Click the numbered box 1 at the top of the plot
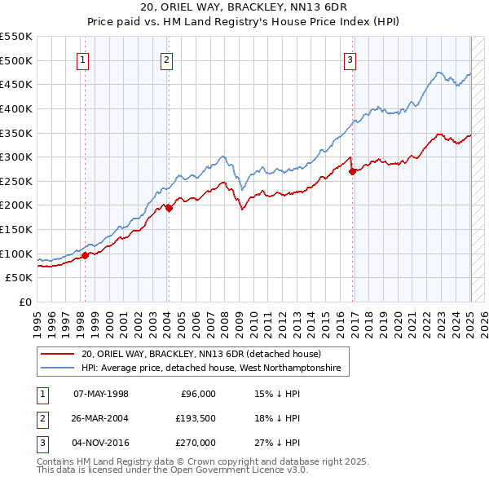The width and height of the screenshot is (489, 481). click(x=84, y=59)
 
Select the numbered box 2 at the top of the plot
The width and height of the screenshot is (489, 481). click(x=166, y=59)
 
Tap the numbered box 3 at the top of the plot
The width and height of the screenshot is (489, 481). click(x=350, y=59)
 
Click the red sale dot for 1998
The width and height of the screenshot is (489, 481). click(x=85, y=255)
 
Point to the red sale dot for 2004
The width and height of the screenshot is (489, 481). click(x=169, y=208)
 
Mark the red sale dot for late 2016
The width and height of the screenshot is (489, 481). click(x=352, y=171)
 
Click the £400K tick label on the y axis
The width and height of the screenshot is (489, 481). click(x=17, y=108)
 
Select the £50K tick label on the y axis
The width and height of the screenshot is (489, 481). click(x=20, y=278)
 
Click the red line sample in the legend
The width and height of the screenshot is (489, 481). click(x=58, y=354)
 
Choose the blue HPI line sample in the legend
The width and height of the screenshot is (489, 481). click(x=58, y=368)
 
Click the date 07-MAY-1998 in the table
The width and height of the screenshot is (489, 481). click(x=101, y=394)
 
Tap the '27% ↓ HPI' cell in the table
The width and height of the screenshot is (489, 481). click(x=276, y=443)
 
